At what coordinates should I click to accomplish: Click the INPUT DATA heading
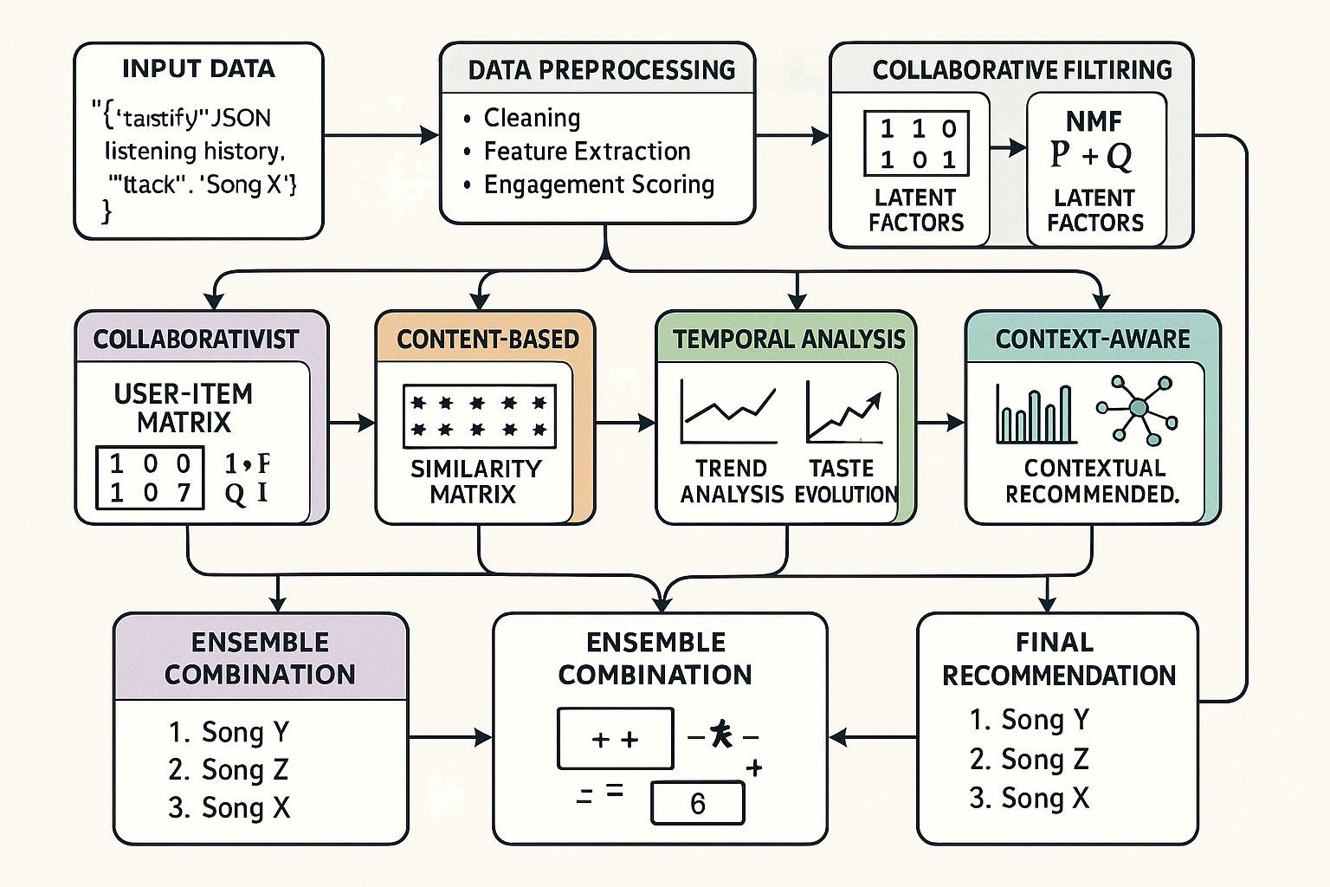tap(198, 69)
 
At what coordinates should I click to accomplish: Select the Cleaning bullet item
tap(531, 118)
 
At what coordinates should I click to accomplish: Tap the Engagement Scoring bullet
tap(598, 185)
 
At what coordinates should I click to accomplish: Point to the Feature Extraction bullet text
tap(586, 152)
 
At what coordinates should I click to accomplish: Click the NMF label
tap(1094, 121)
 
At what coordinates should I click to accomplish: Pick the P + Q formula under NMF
tap(1091, 155)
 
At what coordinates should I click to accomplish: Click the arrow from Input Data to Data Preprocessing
tap(381, 135)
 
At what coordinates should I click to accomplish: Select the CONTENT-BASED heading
tap(487, 339)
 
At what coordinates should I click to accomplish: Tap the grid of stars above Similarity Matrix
tap(479, 416)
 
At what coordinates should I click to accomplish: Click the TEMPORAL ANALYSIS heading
tap(789, 339)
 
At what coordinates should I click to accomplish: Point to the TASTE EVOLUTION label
tap(844, 481)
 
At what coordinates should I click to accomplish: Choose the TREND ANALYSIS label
tap(732, 481)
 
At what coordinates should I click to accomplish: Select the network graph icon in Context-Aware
tap(1138, 408)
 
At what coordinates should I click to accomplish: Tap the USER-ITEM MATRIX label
tap(184, 408)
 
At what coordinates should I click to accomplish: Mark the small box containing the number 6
tap(697, 804)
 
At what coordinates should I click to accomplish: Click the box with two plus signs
tap(615, 739)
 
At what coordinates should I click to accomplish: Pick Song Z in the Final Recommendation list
tap(1029, 759)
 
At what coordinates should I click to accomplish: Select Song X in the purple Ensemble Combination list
tap(229, 807)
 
